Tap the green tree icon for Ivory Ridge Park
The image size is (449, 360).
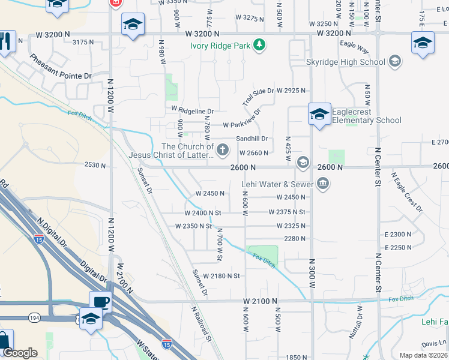tap(259, 45)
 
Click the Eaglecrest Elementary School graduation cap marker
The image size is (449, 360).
tap(319, 113)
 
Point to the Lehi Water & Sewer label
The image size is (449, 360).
tap(277, 184)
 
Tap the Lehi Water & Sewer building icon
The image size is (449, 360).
tap(323, 184)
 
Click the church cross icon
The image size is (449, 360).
tap(223, 149)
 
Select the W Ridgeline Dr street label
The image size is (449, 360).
tap(192, 110)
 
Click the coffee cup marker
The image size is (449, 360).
tap(100, 302)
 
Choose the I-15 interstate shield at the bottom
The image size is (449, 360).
tap(167, 344)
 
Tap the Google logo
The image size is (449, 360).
tap(20, 353)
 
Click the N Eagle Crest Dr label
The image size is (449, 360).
tap(406, 192)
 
